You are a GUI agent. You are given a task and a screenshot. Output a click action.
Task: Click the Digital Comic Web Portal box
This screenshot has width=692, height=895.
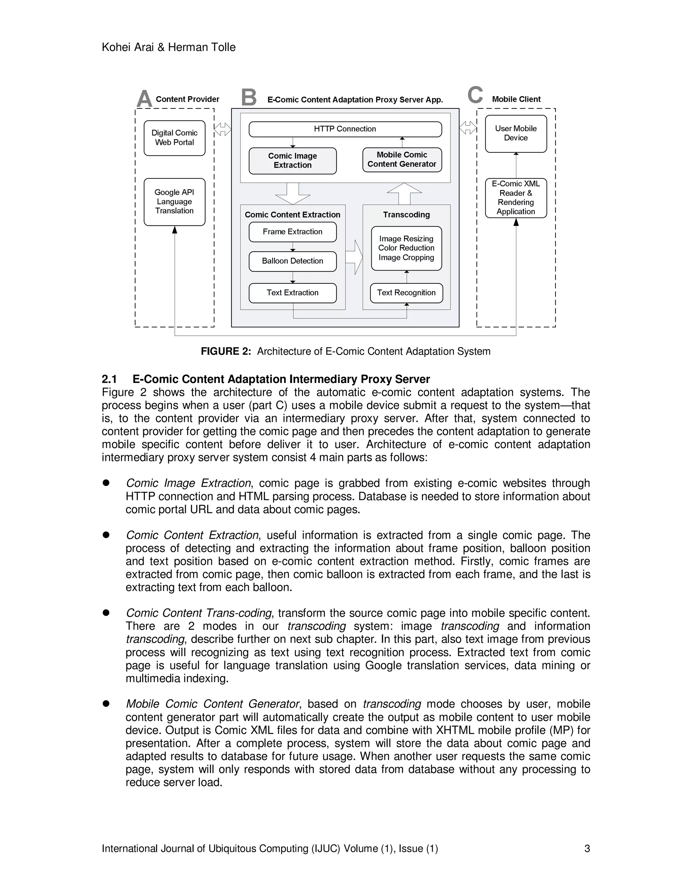pyautogui.click(x=174, y=138)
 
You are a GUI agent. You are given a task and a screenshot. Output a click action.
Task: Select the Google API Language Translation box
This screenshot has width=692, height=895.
pyautogui.click(x=174, y=202)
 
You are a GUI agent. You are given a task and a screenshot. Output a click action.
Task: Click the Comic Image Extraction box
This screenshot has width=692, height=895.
pyautogui.click(x=292, y=161)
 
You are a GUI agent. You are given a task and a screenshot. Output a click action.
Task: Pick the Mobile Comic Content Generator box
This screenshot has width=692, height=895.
pyautogui.click(x=402, y=159)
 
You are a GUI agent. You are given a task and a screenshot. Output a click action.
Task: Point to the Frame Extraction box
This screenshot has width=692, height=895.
pyautogui.click(x=292, y=232)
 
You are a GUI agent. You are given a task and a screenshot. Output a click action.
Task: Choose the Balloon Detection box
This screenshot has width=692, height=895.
pyautogui.click(x=292, y=261)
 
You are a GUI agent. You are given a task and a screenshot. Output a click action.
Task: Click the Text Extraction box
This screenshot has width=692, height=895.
pyautogui.click(x=292, y=292)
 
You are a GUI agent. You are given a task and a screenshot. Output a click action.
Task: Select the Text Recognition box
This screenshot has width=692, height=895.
pyautogui.click(x=406, y=292)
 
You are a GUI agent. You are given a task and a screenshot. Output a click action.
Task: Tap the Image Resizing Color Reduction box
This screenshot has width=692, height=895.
pyautogui.click(x=406, y=248)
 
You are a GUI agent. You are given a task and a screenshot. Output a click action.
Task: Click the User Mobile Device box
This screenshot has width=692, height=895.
pyautogui.click(x=516, y=134)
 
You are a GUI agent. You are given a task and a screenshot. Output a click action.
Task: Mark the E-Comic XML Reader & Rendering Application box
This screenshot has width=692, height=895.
pyautogui.click(x=516, y=198)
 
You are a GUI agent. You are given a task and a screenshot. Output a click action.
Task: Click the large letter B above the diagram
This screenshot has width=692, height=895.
pyautogui.click(x=248, y=98)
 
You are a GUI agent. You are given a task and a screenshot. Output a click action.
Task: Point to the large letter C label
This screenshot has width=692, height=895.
pyautogui.click(x=475, y=95)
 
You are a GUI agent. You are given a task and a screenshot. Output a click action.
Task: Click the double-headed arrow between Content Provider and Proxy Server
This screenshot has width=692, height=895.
pyautogui.click(x=223, y=129)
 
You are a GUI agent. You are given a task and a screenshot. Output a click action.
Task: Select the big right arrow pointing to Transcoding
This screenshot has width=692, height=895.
pyautogui.click(x=354, y=257)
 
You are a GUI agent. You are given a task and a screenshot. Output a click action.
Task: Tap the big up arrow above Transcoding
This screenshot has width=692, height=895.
pyautogui.click(x=404, y=194)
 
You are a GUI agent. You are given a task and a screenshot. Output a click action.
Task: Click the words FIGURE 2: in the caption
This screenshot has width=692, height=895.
pyautogui.click(x=225, y=351)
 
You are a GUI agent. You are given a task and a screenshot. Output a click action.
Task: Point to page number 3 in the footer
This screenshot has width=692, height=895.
pyautogui.click(x=587, y=848)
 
